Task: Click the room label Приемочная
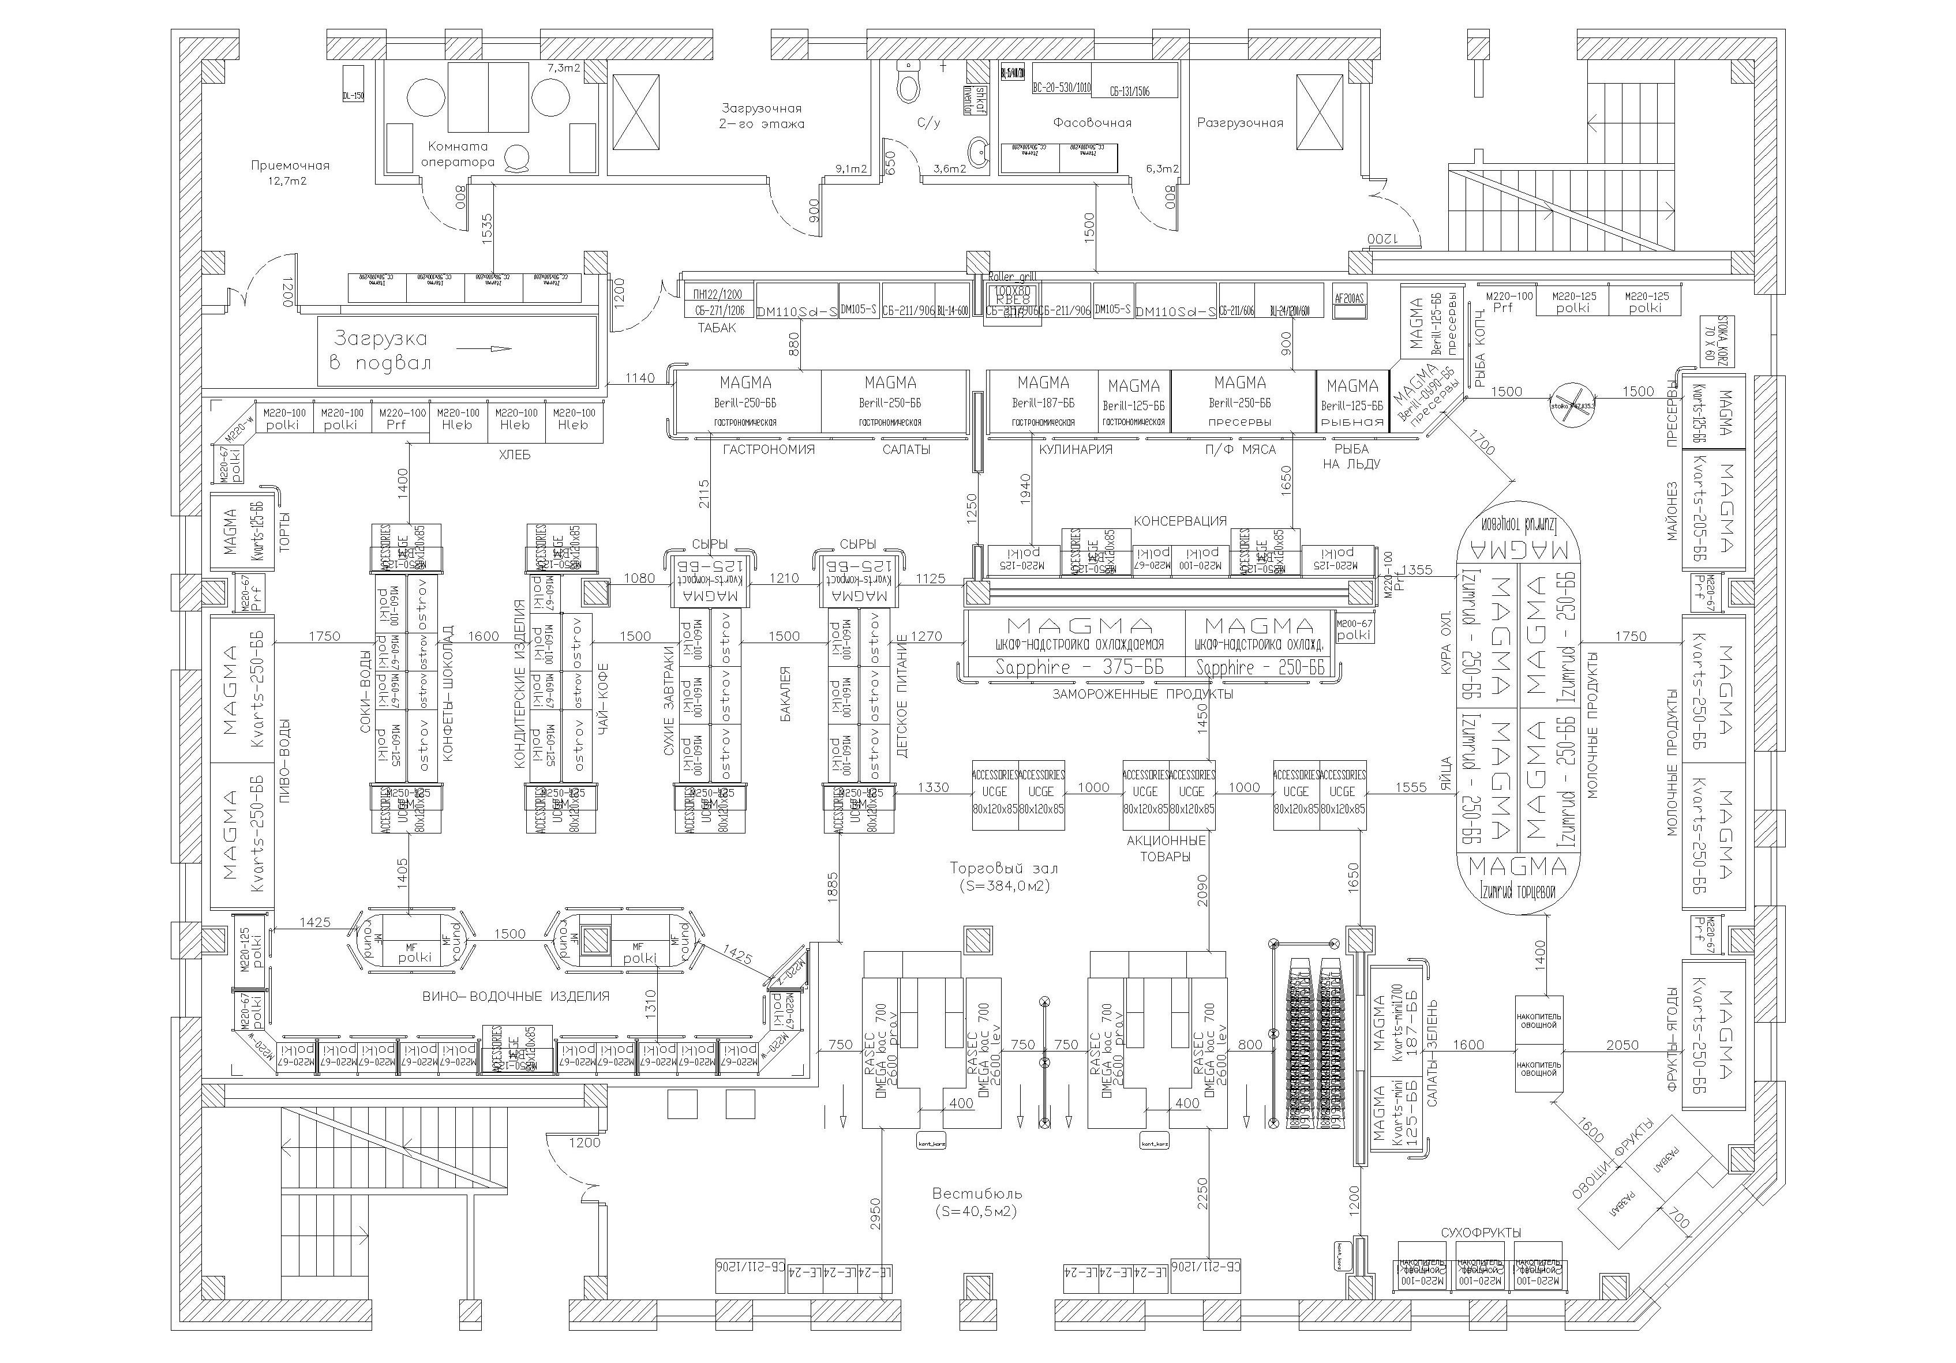[x=290, y=166]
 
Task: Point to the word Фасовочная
[x=1092, y=123]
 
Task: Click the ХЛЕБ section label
[x=515, y=455]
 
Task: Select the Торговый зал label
[x=1003, y=868]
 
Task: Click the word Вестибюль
[x=976, y=1193]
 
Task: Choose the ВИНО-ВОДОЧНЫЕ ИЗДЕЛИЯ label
[x=516, y=996]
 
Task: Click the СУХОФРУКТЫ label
[x=1481, y=1233]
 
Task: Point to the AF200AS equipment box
[x=1348, y=299]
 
